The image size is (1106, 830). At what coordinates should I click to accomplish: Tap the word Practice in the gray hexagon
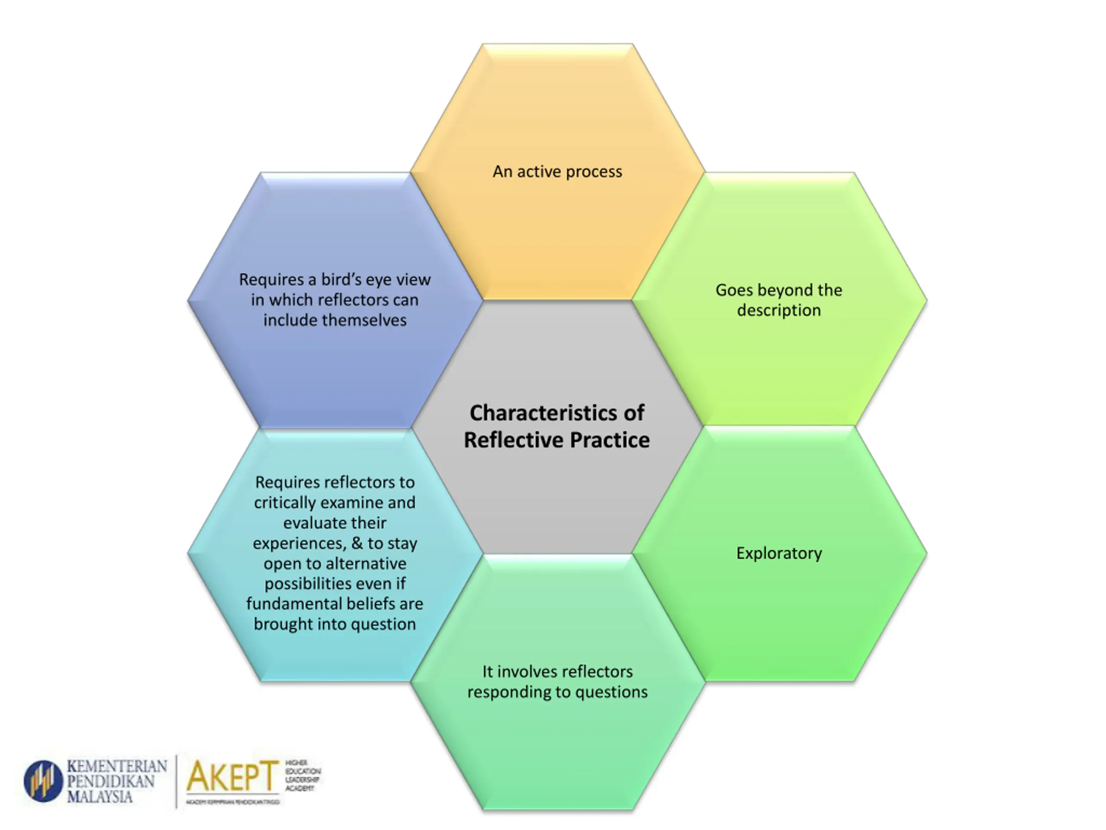610,440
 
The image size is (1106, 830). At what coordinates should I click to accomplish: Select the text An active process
557,172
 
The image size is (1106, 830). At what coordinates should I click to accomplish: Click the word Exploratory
779,553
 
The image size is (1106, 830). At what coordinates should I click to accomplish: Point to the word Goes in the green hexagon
734,290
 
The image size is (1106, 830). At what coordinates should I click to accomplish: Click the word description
779,310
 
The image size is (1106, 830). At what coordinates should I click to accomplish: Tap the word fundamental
298,604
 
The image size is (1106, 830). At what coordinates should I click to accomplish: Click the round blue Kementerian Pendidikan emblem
44,781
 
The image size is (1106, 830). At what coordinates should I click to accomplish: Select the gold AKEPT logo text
232,776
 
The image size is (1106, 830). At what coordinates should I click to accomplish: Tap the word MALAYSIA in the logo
99,796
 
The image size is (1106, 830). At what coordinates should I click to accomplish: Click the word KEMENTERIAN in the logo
117,766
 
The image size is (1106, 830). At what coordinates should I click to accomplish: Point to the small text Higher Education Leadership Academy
302,776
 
